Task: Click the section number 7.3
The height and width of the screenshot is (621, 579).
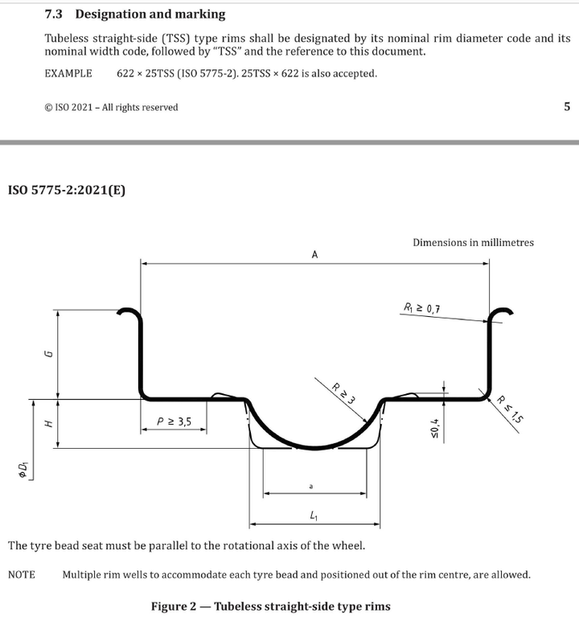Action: tap(53, 14)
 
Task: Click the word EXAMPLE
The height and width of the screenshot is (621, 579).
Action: tap(68, 74)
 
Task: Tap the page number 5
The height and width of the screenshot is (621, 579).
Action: tap(567, 106)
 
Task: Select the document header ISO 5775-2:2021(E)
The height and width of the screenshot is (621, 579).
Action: tap(67, 190)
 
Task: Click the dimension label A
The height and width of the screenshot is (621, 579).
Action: tap(314, 255)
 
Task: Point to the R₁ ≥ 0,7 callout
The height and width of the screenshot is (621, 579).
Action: tap(421, 308)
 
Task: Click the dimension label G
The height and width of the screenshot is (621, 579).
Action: tap(49, 354)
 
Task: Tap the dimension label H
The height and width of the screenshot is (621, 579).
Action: tap(48, 424)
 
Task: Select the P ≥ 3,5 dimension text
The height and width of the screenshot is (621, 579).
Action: tap(174, 422)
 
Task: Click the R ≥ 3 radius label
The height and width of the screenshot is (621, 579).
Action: tap(343, 393)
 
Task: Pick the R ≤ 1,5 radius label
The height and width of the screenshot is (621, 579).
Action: tap(510, 409)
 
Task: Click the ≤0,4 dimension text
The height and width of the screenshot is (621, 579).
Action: tap(434, 428)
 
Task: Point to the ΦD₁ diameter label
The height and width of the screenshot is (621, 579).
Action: tap(23, 470)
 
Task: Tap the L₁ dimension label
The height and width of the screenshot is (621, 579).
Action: tap(314, 516)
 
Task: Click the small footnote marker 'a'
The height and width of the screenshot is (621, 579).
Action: tap(311, 486)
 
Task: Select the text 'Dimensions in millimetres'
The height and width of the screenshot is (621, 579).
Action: tap(474, 242)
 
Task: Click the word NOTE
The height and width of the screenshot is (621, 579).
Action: tap(22, 574)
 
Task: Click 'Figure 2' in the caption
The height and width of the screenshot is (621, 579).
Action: tap(174, 607)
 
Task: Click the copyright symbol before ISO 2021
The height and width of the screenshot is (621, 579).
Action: tap(49, 107)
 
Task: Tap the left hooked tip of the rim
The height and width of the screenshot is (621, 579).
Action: tap(119, 312)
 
